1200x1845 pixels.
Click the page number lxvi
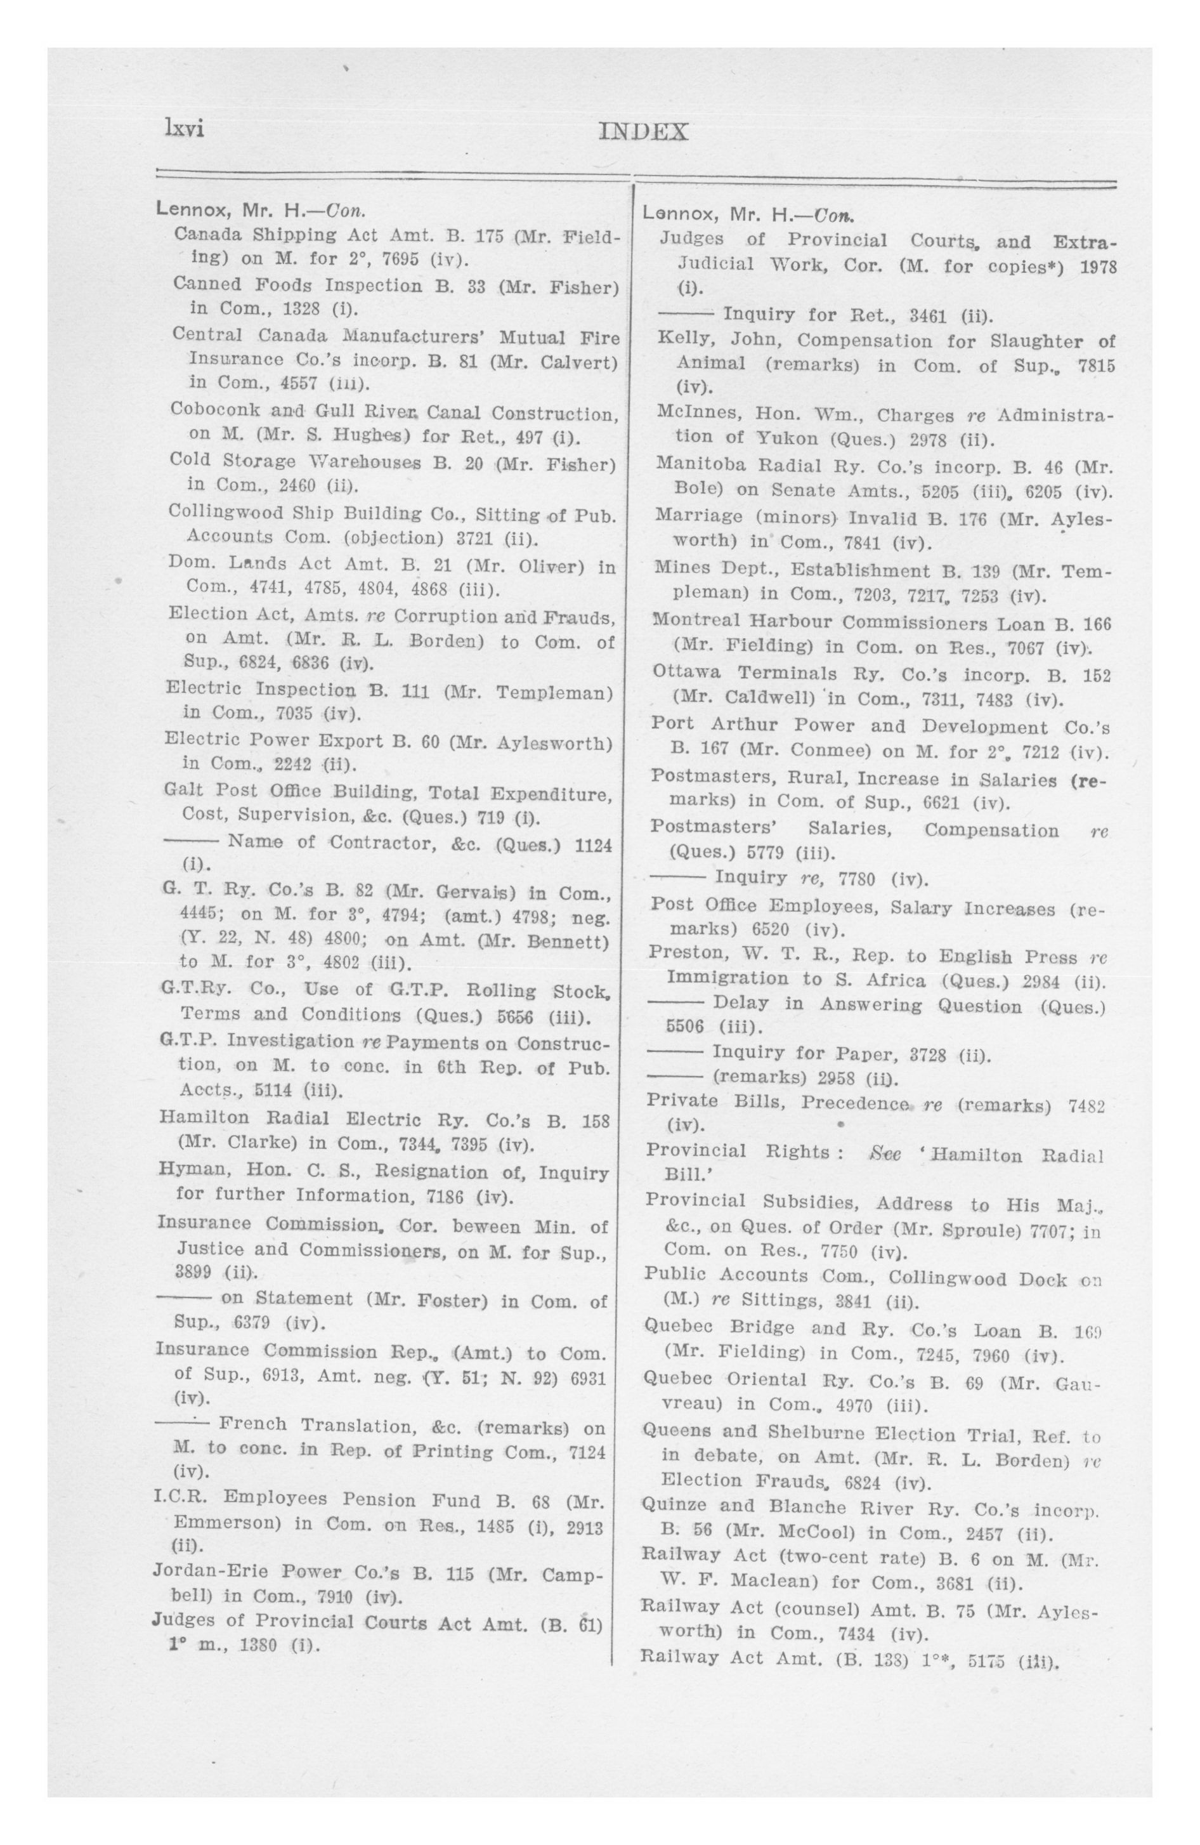click(183, 129)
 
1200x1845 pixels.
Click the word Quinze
click(674, 1507)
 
